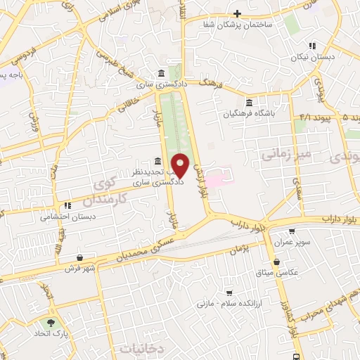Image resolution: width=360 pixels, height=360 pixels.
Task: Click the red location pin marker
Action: (180, 165)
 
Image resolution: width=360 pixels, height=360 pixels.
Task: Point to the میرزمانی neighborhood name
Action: (284, 153)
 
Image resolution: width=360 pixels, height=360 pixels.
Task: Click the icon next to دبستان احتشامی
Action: (67, 206)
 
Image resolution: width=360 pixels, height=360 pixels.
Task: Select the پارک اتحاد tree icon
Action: (50, 323)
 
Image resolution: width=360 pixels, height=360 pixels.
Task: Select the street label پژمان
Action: (240, 250)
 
